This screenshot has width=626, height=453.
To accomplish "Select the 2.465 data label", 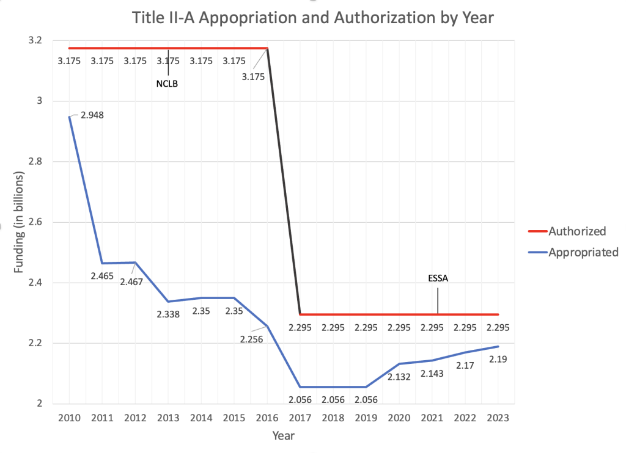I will (x=101, y=276).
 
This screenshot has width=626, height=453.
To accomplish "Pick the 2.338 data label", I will (x=168, y=314).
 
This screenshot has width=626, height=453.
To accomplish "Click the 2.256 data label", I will (x=251, y=339).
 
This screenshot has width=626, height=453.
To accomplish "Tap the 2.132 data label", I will (x=399, y=377).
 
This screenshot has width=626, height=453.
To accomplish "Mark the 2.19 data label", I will (x=498, y=360).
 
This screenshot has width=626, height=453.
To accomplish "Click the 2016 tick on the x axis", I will (x=267, y=418).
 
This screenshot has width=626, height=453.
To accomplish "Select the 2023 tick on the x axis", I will (x=498, y=418).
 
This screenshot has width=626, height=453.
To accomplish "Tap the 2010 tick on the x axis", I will (x=69, y=418).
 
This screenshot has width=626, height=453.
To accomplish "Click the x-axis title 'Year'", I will (x=283, y=437).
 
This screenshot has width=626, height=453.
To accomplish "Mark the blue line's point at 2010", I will (x=69, y=117).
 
